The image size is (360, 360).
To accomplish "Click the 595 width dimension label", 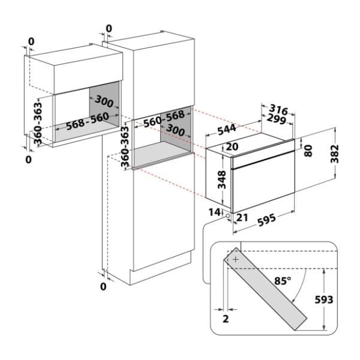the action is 266,220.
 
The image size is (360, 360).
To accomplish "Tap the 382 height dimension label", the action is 335,154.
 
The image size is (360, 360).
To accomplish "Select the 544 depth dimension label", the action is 227,130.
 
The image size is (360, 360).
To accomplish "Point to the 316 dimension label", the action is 278,110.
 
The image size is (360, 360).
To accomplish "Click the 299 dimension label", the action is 277,119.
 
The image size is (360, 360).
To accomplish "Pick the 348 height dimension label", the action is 221,180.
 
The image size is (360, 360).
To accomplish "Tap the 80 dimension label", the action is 308,151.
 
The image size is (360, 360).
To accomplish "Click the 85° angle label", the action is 283,281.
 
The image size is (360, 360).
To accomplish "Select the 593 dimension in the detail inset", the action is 324,300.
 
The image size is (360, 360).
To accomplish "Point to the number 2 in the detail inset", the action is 226,319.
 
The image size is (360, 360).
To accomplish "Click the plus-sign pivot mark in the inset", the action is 236,260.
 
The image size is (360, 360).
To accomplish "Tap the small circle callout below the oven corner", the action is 227,216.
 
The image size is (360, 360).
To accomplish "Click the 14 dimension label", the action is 214,212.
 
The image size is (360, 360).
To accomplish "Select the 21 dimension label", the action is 242,217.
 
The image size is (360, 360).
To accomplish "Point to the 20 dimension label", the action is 232,147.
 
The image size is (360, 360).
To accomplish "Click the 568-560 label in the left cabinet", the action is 88,121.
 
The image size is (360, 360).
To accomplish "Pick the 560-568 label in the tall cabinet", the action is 164,119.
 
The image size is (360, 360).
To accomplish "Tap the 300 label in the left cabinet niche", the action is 104,101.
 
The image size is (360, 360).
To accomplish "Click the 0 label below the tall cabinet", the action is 103,287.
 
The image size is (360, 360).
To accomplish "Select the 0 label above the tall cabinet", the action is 109,29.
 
